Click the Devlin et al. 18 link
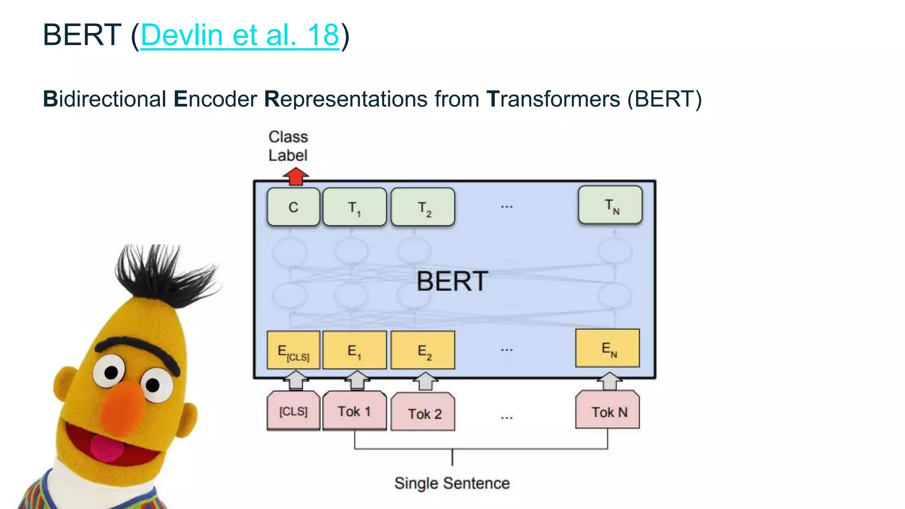pos(240,35)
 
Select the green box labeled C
pos(293,207)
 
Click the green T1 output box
pos(354,207)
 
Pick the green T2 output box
pos(423,207)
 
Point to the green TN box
pos(610,205)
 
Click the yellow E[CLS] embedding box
pos(293,350)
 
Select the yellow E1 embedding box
pos(354,350)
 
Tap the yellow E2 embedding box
pos(423,350)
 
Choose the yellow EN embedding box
pos(608,348)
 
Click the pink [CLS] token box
pos(293,411)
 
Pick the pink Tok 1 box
pos(354,411)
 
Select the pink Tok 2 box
pos(423,413)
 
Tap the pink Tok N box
pos(608,411)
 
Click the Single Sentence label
pos(452,483)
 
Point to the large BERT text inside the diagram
pos(452,281)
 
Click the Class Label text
pos(288,146)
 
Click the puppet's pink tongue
pos(106,448)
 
